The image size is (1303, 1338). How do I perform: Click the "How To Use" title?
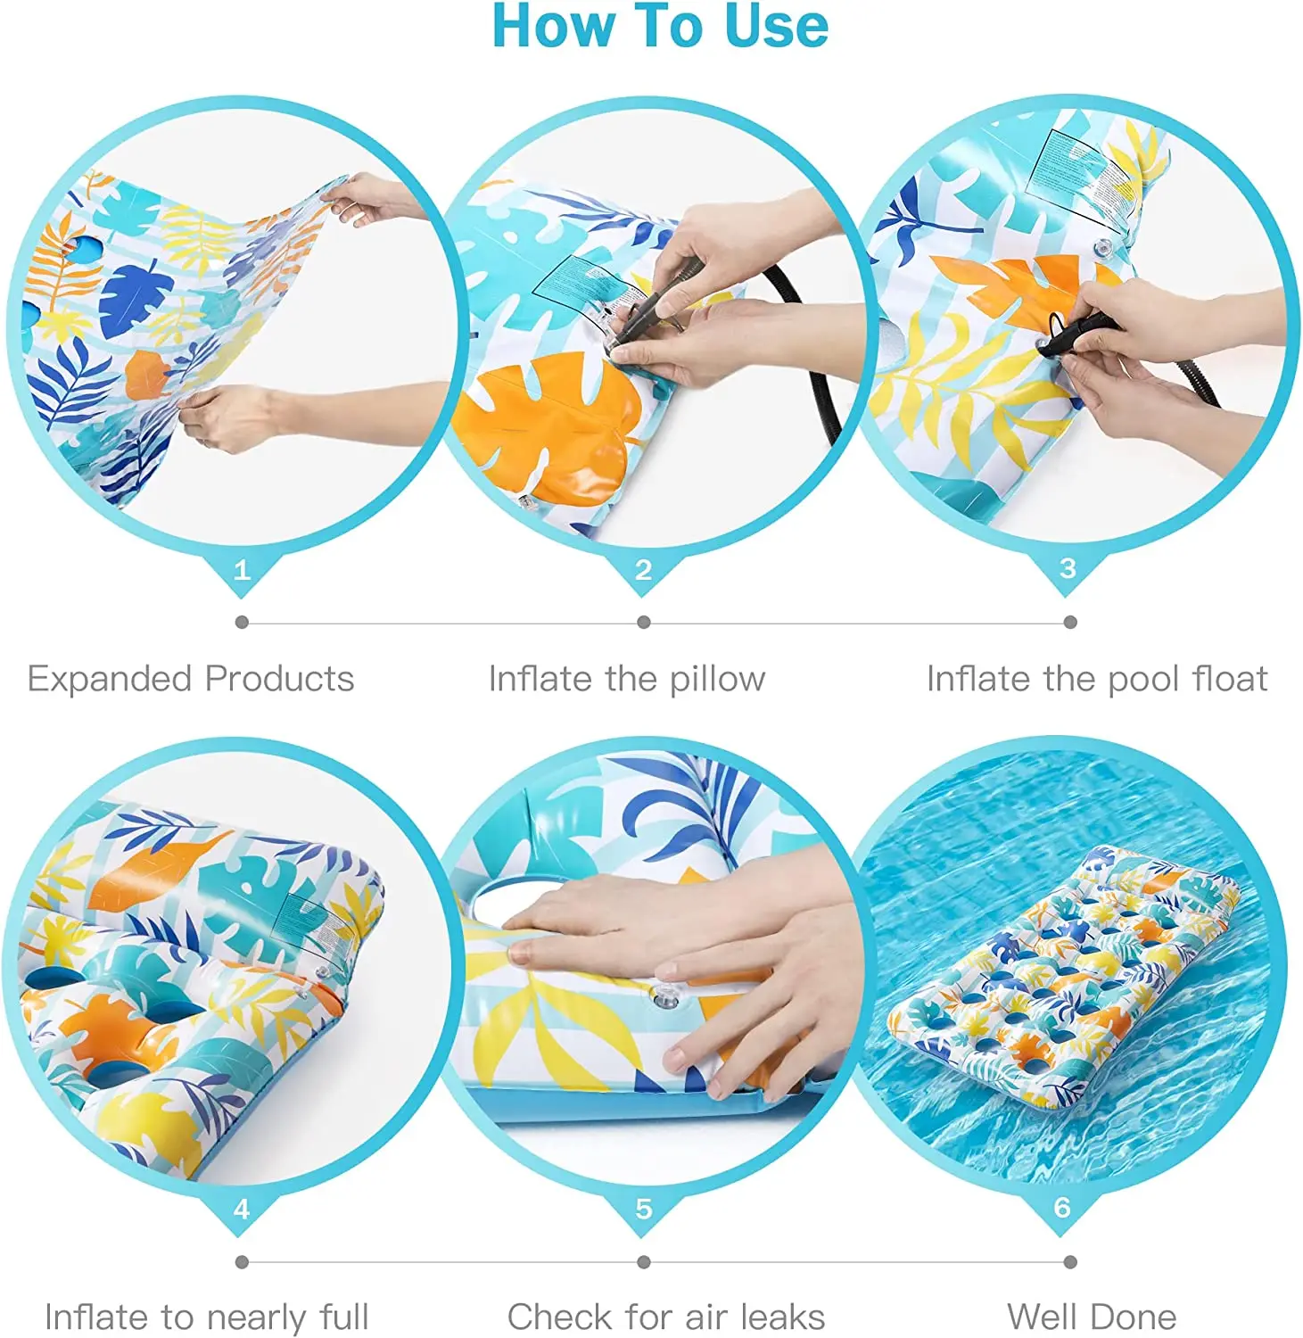tap(660, 27)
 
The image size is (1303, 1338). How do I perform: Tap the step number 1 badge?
tap(241, 570)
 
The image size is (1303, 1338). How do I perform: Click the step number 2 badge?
tap(643, 570)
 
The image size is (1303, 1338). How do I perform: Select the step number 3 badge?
tap(1068, 568)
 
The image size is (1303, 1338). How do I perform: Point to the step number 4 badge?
tap(241, 1210)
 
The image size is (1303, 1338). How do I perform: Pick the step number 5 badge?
tap(643, 1210)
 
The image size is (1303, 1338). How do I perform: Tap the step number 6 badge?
tap(1061, 1208)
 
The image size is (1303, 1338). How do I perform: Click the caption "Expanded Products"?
tap(191, 679)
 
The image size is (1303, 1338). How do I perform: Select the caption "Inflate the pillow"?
tap(626, 679)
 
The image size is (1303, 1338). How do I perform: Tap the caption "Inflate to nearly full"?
tap(206, 1317)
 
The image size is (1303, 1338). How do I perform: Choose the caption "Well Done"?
tap(1092, 1317)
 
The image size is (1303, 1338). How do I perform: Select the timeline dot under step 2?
tap(644, 623)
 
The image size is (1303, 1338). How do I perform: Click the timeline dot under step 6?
tap(1070, 1262)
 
